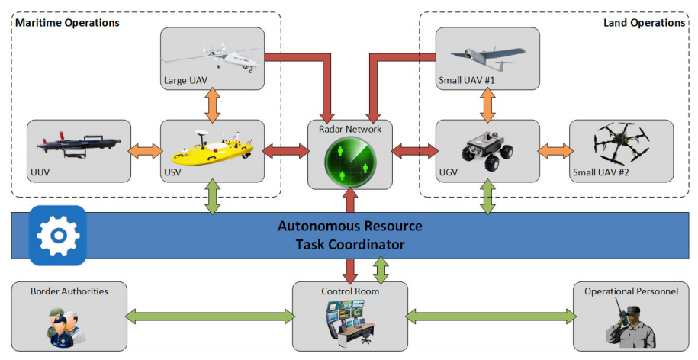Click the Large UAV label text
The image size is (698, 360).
click(x=185, y=79)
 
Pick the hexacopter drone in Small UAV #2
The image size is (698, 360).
click(x=621, y=144)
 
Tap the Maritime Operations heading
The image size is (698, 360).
click(x=67, y=23)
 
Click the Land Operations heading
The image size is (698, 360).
click(x=644, y=23)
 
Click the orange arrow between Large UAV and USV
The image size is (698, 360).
click(x=212, y=106)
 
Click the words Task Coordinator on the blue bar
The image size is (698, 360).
click(x=349, y=245)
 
